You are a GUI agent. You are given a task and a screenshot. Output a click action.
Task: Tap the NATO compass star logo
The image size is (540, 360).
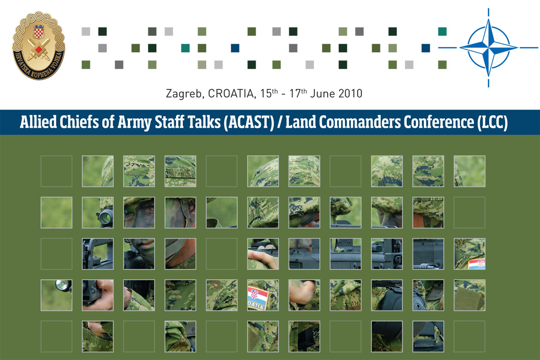pos(489,47)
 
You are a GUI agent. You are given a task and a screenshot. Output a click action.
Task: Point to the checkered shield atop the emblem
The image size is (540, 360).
pos(39,31)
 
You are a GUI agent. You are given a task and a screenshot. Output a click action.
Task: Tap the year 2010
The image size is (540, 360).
pos(349,94)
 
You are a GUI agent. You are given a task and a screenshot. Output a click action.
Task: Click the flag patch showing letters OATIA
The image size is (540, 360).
pos(258,298)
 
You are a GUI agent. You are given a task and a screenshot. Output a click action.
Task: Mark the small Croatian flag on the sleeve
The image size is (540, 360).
pos(477,264)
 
